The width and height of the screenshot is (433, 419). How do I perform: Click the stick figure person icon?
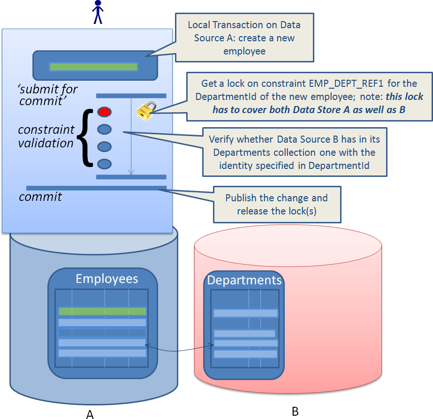point(98,12)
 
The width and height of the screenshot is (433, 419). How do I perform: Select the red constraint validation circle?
point(104,112)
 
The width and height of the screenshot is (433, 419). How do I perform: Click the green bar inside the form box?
point(93,67)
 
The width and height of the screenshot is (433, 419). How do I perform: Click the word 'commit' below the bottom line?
point(40,197)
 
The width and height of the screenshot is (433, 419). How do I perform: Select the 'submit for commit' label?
point(48,94)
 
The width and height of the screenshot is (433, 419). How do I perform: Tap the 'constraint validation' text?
point(46,136)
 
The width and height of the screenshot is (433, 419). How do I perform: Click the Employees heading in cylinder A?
point(107,279)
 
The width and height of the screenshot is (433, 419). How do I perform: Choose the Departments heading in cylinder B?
point(244,280)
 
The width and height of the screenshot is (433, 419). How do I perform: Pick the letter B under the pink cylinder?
point(295,411)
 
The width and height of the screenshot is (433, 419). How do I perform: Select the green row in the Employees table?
point(102,311)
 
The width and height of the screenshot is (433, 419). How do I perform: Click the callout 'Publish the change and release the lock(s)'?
point(277,204)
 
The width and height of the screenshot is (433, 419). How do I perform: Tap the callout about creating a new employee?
point(244,38)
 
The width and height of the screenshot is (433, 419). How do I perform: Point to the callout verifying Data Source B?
point(294,152)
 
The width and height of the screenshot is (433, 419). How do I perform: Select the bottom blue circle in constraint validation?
point(104,164)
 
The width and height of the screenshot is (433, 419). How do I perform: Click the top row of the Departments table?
point(245,313)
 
